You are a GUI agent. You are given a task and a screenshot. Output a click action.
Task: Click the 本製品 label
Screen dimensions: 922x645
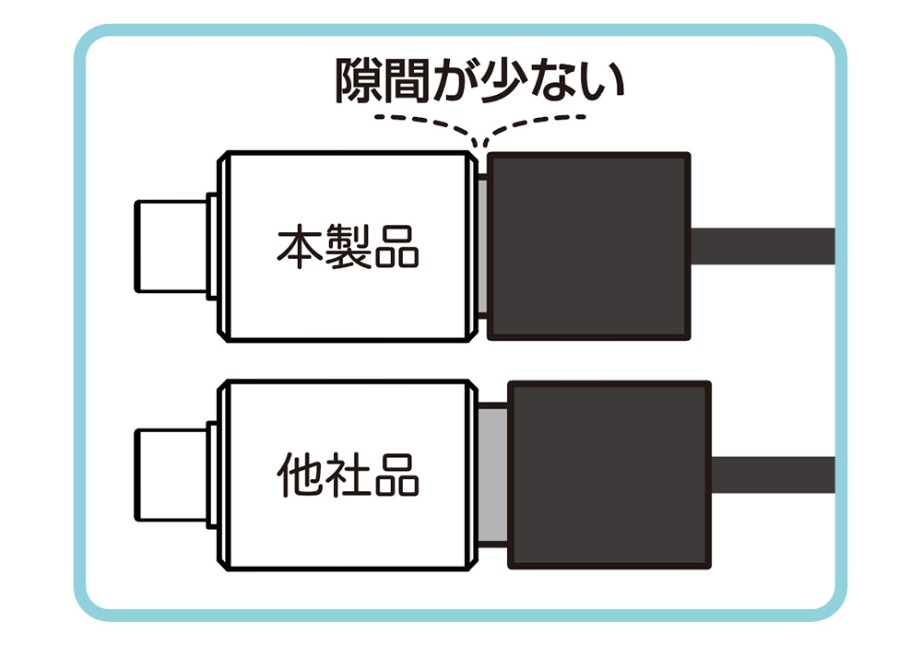(349, 247)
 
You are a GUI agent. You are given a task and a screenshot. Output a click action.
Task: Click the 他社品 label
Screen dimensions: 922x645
(349, 475)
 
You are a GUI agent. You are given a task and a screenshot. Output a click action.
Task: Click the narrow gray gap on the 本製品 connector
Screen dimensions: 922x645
(483, 246)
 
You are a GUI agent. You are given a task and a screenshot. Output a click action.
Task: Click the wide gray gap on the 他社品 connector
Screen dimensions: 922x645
(492, 475)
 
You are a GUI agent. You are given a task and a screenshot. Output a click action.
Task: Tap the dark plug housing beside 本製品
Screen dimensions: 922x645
(588, 246)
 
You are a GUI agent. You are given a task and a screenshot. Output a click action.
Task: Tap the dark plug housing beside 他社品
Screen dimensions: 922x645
(609, 475)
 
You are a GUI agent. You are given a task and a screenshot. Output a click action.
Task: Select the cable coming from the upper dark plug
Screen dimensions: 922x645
(762, 246)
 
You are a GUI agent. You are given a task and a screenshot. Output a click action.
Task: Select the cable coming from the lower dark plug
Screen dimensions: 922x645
(774, 475)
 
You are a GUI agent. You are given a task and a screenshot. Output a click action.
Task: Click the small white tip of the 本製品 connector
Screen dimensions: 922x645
(171, 246)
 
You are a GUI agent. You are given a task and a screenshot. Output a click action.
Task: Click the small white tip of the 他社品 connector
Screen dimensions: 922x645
(171, 475)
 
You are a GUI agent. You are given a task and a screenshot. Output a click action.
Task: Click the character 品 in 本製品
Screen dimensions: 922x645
(396, 247)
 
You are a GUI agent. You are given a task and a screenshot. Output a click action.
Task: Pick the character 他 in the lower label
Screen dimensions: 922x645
(300, 475)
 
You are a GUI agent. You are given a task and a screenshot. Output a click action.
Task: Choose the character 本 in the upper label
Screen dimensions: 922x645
(300, 247)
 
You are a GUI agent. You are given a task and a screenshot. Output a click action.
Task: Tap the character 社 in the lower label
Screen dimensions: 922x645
(349, 475)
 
